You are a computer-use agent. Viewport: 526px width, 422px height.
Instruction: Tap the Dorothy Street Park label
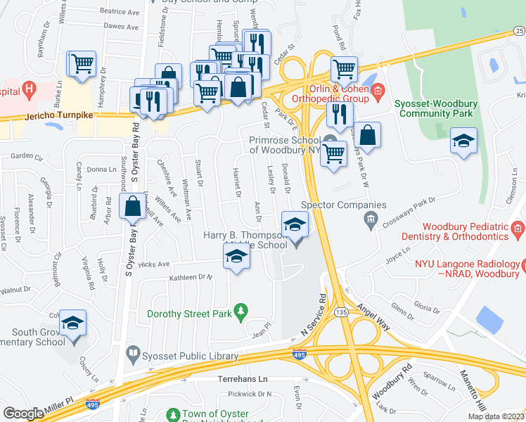pyautogui.click(x=188, y=314)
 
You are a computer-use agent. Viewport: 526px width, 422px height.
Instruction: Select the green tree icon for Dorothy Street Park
pyautogui.click(x=240, y=310)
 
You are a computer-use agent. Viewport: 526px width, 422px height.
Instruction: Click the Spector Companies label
pyautogui.click(x=343, y=205)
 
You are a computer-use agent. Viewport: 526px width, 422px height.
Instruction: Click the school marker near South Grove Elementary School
pyautogui.click(x=73, y=324)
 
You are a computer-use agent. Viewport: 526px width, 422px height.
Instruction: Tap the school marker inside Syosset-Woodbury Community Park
pyautogui.click(x=463, y=141)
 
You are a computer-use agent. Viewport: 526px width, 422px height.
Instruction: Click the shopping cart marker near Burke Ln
pyautogui.click(x=82, y=63)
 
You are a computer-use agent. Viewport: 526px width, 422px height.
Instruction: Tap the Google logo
pyautogui.click(x=23, y=413)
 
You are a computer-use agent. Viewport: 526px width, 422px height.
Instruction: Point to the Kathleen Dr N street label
pyautogui.click(x=191, y=277)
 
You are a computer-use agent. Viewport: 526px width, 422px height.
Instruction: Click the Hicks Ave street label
pyautogui.click(x=154, y=264)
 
